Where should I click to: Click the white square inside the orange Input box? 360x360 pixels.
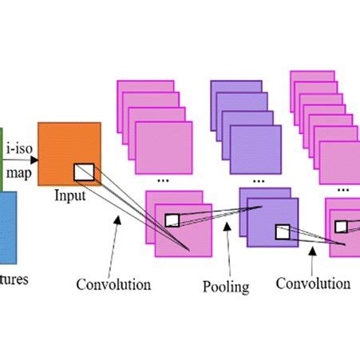coord(84,171)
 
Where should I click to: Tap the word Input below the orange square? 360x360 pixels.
coord(70,194)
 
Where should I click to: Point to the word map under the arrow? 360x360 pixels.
coord(18,172)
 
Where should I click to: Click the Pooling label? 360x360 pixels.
coord(226,287)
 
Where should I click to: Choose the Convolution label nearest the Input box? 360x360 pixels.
coord(113,284)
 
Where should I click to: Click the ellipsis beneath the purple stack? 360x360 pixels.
coord(256,181)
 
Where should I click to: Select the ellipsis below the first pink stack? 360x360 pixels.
coord(163,180)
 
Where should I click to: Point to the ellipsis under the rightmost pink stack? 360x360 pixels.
coord(344,190)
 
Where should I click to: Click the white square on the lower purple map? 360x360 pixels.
coord(282,231)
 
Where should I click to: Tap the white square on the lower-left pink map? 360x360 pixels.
coord(172,220)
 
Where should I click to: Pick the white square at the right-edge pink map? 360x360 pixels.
coord(341,226)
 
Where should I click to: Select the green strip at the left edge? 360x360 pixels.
coord(2,160)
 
